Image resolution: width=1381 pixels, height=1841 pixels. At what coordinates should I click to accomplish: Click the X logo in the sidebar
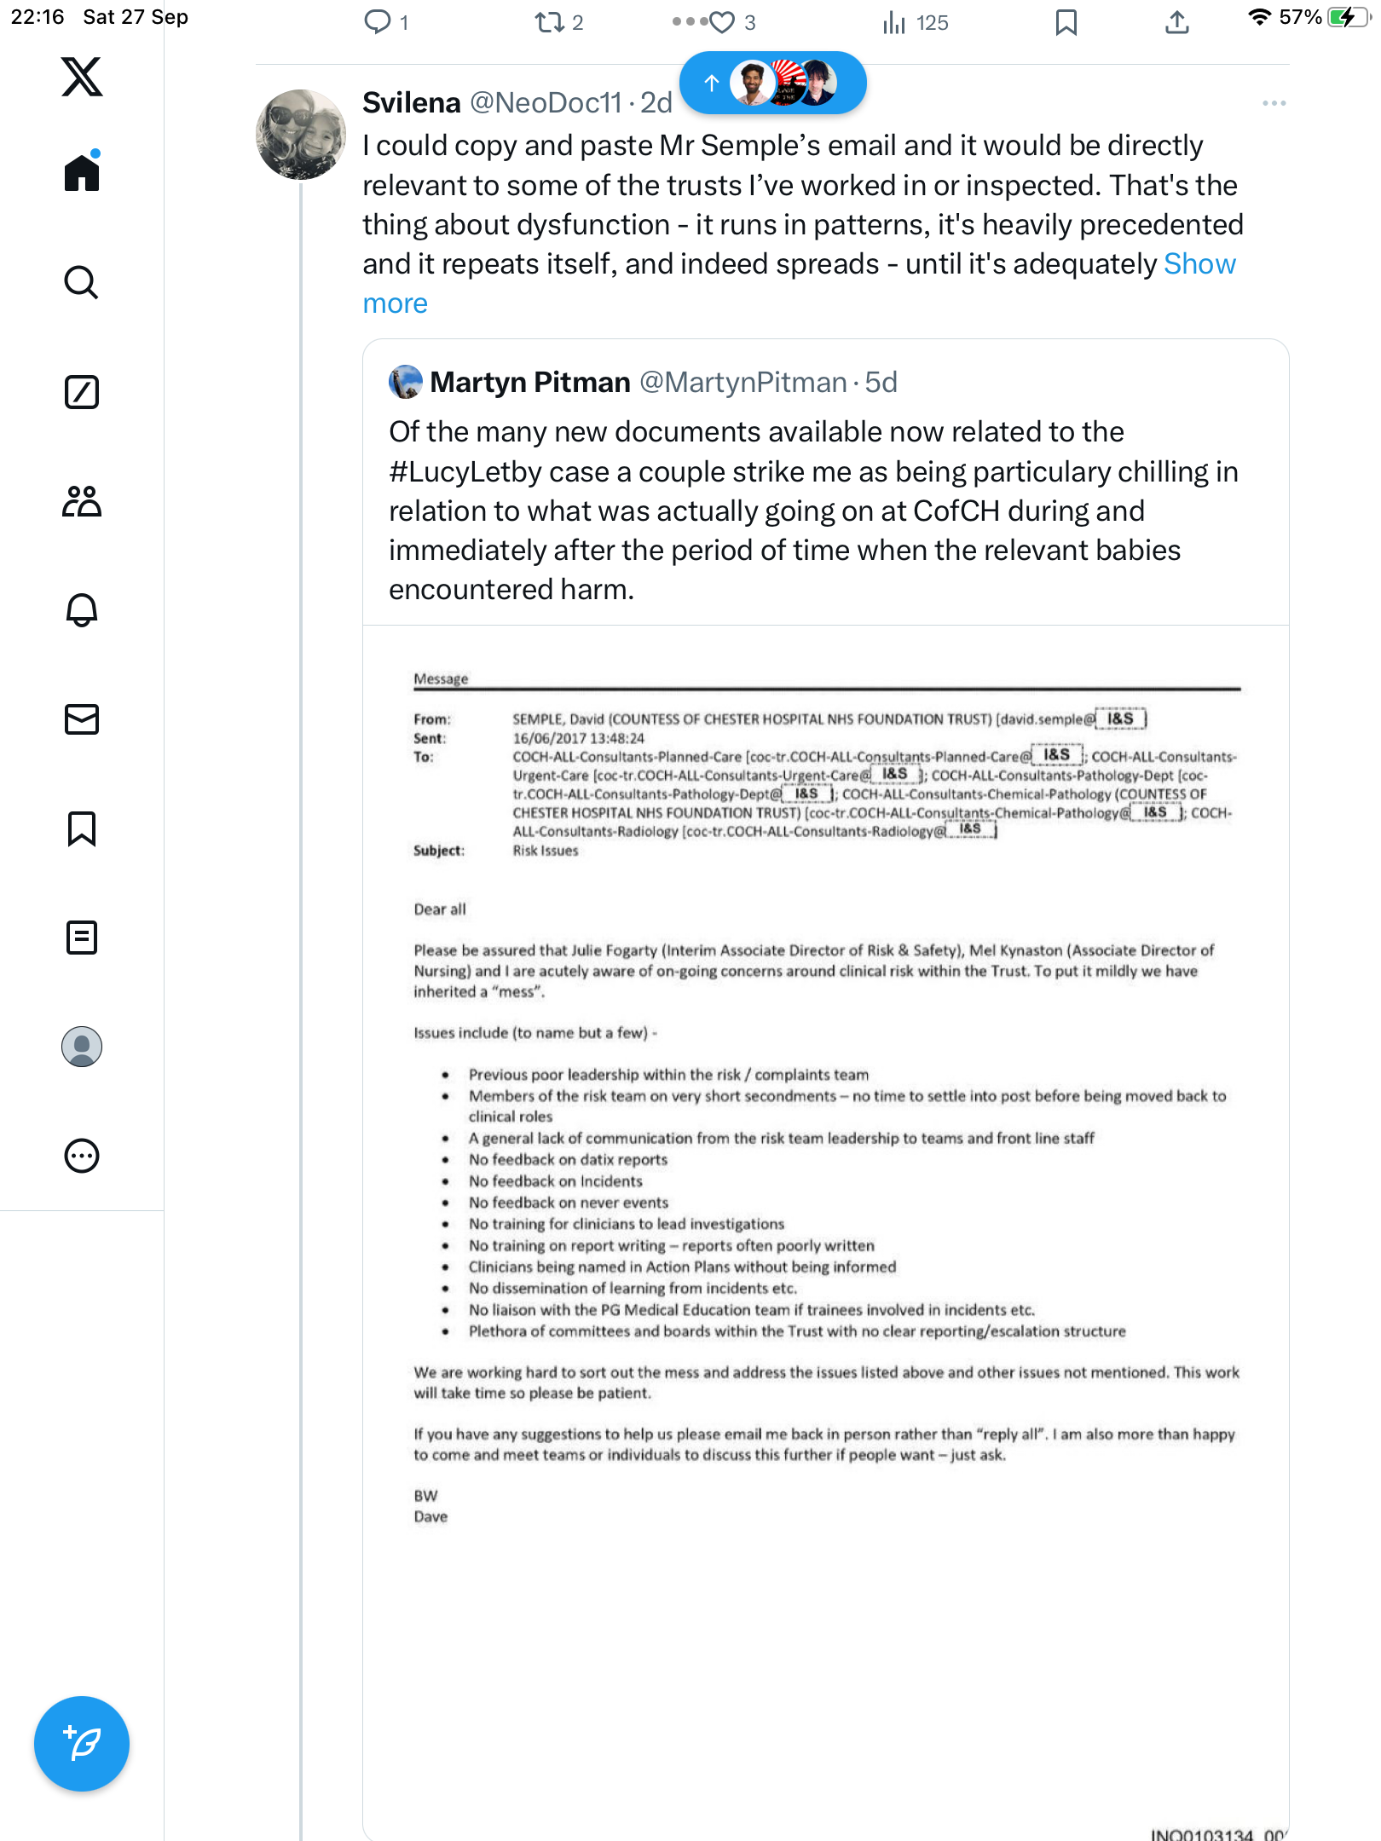coord(82,77)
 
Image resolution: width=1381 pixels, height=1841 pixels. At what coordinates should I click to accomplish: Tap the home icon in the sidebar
coord(82,173)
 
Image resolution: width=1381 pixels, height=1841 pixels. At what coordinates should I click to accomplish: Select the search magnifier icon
coord(82,282)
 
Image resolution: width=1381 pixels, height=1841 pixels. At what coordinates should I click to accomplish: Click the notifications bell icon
coord(82,610)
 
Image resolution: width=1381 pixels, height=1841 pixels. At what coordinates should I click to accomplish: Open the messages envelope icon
coord(82,719)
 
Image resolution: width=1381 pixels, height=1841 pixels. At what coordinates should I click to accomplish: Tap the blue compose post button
coord(82,1743)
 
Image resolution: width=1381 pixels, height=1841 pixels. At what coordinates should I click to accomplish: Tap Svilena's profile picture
coord(300,135)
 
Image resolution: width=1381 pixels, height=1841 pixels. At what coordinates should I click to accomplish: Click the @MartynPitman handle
coord(743,383)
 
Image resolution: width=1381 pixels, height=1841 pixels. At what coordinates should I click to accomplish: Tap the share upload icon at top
coord(1176,23)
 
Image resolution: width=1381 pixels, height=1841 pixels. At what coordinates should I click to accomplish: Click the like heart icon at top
coord(722,23)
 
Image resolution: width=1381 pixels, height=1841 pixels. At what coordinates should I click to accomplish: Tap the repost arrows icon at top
coord(550,23)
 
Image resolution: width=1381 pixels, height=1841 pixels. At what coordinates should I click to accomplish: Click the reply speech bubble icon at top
coord(377,23)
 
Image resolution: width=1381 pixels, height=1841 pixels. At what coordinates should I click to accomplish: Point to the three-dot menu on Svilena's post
coord(1274,103)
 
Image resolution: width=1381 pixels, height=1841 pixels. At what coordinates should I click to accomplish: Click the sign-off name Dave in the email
coord(430,1517)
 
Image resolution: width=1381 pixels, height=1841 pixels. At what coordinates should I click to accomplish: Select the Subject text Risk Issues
coord(546,851)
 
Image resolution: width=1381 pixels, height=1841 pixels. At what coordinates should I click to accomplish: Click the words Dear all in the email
coord(440,909)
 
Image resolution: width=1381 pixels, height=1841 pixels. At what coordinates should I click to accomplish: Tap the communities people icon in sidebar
coord(82,501)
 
